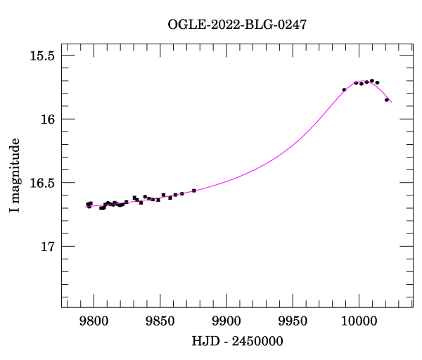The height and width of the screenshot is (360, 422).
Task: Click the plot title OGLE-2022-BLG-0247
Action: click(237, 25)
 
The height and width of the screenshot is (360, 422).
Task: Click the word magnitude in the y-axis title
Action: click(15, 169)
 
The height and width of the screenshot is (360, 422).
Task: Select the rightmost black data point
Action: click(387, 100)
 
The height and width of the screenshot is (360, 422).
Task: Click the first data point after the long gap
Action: click(344, 90)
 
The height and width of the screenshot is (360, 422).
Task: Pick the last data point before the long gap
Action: click(194, 191)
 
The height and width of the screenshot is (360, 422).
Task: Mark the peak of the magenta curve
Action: click(363, 82)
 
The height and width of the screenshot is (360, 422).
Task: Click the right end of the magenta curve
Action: click(392, 103)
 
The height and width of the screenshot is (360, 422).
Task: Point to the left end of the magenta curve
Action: click(87, 206)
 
